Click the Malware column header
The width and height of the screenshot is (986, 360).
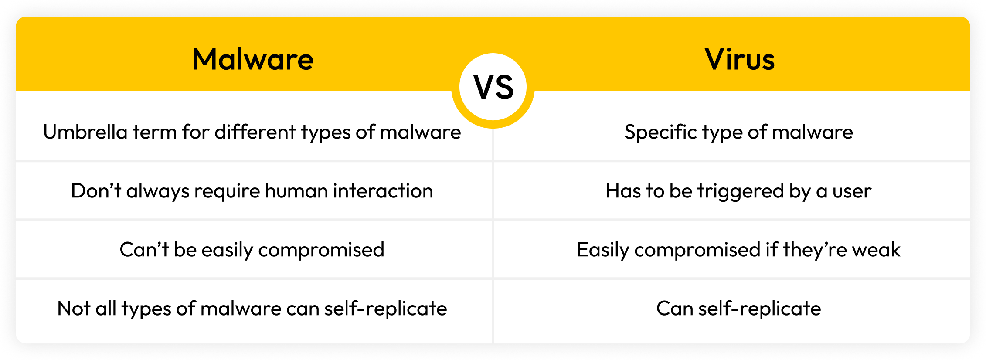click(253, 59)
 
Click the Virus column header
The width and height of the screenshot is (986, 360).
click(739, 59)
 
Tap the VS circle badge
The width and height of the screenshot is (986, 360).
click(493, 87)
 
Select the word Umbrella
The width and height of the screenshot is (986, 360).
click(85, 132)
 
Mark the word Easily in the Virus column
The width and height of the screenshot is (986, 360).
click(603, 250)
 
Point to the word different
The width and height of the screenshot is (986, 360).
click(255, 132)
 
